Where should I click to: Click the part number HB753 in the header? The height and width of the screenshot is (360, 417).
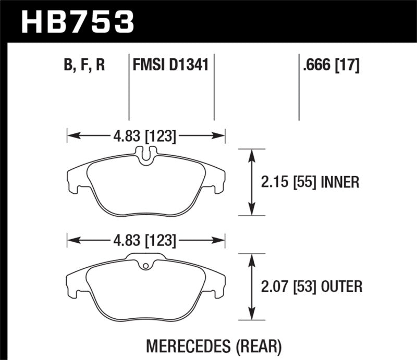click(77, 22)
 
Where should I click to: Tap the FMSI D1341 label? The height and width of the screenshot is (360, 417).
click(171, 66)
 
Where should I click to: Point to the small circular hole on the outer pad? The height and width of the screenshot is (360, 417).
click(146, 268)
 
